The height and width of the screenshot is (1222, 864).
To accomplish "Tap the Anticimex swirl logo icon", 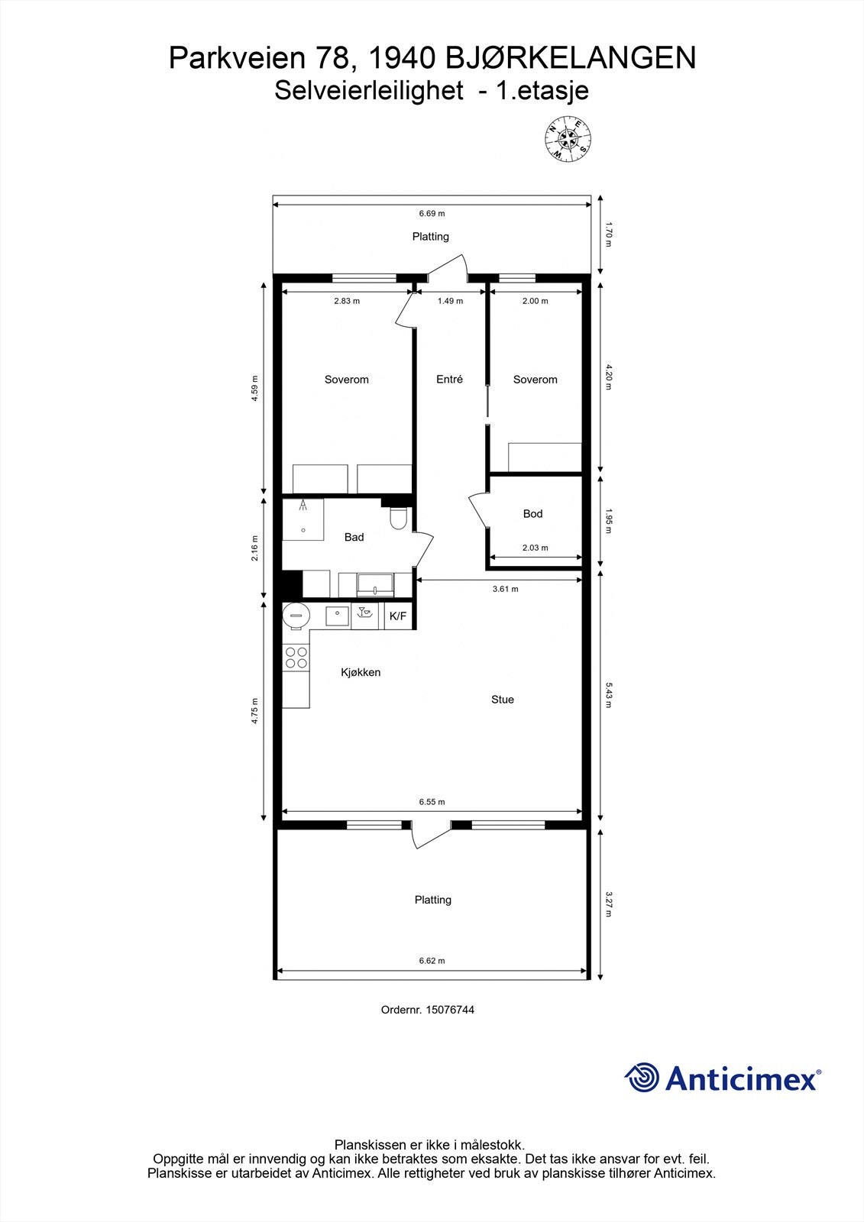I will coord(642,1078).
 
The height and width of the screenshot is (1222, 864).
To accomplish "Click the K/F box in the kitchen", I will coord(398,616).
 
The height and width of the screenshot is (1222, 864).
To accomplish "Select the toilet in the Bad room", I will coord(398,520).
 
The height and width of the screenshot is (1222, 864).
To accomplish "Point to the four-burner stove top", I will coord(296,658).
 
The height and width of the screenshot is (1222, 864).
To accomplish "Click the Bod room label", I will coord(532,514).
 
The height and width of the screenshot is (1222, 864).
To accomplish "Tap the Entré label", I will coord(449,380).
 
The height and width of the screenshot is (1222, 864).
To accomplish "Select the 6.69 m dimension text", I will coord(432,214).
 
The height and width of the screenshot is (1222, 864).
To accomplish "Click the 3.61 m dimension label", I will coord(505,589).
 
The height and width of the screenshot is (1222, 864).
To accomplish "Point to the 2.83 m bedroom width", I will coord(347,301).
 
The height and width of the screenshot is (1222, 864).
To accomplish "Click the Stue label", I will coord(503,700).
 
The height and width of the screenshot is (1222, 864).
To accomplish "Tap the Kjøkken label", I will coord(361,673).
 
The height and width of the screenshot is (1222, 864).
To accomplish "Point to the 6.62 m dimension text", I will coord(432,961).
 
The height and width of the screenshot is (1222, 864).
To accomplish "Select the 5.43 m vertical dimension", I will coord(609,695).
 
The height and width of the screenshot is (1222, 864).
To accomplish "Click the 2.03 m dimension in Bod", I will coord(535,548).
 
